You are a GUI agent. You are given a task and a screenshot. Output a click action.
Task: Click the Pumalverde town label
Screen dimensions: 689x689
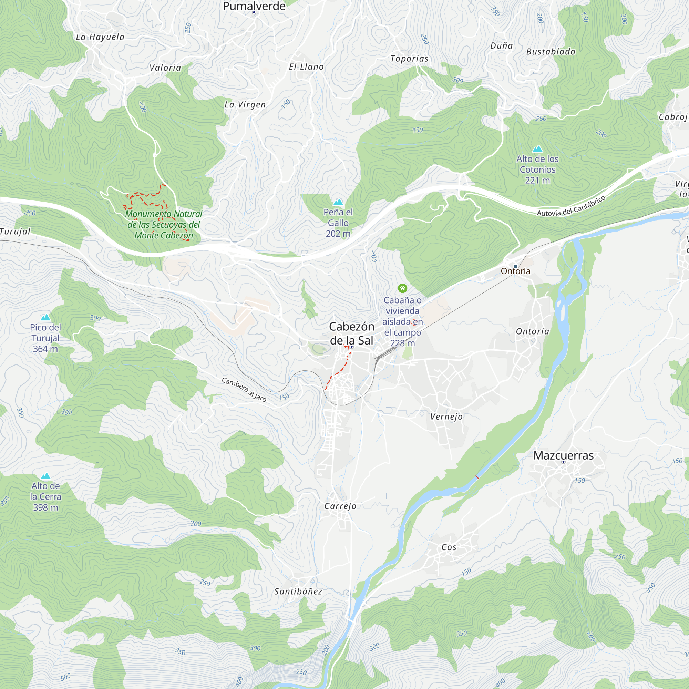pyautogui.click(x=254, y=6)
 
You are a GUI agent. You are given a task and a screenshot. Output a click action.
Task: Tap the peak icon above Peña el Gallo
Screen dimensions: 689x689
pyautogui.click(x=338, y=202)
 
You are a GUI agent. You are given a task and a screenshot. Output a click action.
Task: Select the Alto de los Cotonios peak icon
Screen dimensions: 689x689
pyautogui.click(x=537, y=149)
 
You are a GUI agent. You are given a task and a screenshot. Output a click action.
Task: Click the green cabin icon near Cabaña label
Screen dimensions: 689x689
pyautogui.click(x=402, y=288)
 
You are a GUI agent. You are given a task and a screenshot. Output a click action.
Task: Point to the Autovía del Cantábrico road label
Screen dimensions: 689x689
pyautogui.click(x=571, y=206)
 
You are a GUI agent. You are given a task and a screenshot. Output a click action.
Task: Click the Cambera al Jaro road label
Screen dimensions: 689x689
pyautogui.click(x=244, y=389)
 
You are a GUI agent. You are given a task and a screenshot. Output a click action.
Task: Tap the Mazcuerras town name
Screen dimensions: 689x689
pyautogui.click(x=563, y=455)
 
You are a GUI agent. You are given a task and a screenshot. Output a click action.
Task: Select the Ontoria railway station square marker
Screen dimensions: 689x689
pyautogui.click(x=515, y=266)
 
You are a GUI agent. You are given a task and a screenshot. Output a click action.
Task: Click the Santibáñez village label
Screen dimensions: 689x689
pyautogui.click(x=298, y=592)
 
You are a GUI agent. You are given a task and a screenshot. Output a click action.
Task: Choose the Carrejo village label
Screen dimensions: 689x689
pyautogui.click(x=340, y=506)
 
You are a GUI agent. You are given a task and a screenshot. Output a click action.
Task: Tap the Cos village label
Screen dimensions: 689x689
pyautogui.click(x=449, y=547)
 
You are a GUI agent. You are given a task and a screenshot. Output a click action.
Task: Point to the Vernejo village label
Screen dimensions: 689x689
pyautogui.click(x=446, y=417)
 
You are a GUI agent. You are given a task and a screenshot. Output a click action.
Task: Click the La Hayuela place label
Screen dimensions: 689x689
pyautogui.click(x=100, y=37)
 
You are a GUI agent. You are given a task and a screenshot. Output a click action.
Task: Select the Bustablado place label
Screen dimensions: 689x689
pyautogui.click(x=551, y=52)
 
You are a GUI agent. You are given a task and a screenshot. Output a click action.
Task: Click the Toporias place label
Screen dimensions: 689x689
pyautogui.click(x=409, y=59)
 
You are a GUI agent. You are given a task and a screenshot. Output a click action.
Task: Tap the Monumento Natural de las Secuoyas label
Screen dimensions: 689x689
pyautogui.click(x=164, y=224)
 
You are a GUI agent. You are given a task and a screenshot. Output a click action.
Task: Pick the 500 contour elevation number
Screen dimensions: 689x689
pyautogui.click(x=65, y=677)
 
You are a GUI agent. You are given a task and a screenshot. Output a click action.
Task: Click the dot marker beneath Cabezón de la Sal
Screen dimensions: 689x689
pyautogui.click(x=352, y=347)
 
